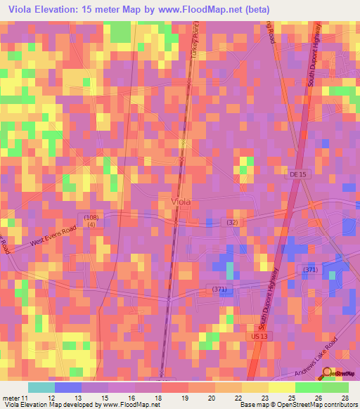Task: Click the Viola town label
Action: click(181, 202)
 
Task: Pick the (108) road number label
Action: click(91, 218)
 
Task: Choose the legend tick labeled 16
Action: click(138, 398)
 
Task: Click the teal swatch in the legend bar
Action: click(41, 387)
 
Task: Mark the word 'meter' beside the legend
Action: click(11, 398)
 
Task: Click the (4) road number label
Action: click(91, 226)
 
